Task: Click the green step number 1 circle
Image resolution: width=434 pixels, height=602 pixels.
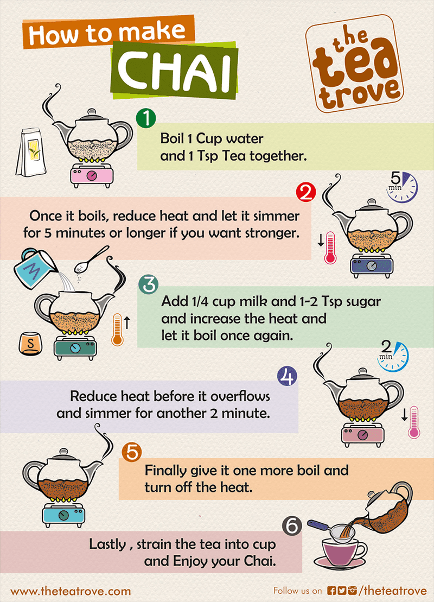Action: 146,118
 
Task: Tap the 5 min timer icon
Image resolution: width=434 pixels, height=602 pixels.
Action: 402,184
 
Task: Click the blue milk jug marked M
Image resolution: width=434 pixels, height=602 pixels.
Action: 35,267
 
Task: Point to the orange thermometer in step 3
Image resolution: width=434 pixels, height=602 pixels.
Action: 117,329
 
